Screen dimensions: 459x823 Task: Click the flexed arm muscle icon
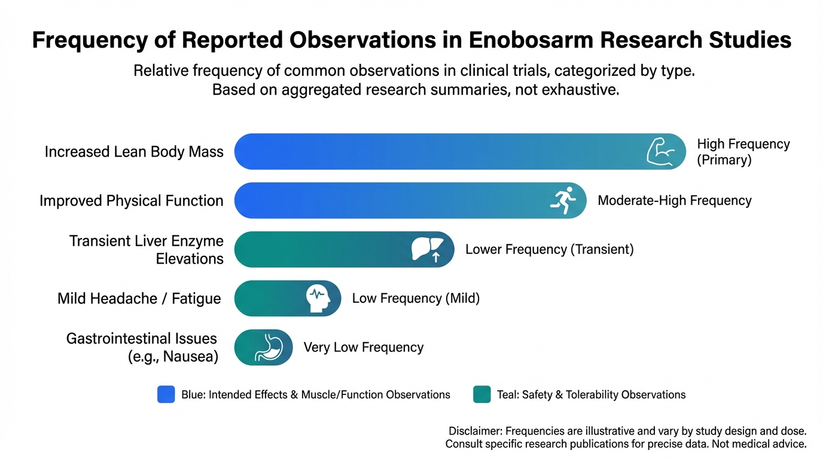(x=661, y=151)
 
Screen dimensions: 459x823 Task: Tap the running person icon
(x=563, y=200)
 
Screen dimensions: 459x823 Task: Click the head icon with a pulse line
(x=318, y=298)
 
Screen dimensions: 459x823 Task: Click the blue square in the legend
(x=166, y=394)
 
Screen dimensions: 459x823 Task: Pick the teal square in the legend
(x=481, y=394)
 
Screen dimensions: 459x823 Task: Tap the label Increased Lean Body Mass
(x=134, y=152)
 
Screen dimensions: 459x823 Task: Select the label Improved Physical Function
(x=132, y=201)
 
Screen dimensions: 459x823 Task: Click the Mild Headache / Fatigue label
(x=139, y=298)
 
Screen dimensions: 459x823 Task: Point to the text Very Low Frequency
(x=364, y=347)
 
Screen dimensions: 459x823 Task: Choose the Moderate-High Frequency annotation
(x=675, y=200)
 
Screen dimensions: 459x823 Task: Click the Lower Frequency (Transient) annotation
(x=549, y=249)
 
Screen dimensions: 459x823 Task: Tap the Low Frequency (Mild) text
(x=416, y=298)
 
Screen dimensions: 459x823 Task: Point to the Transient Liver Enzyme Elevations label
(x=146, y=250)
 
